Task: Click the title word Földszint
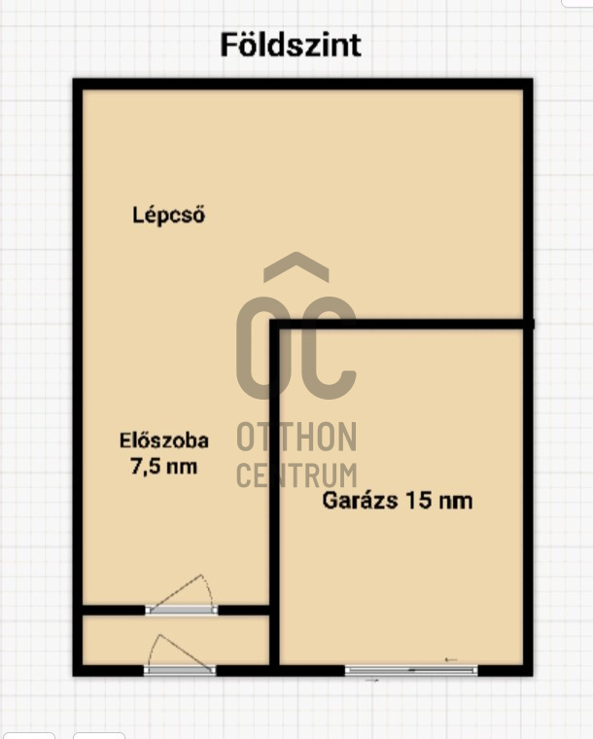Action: point(291,46)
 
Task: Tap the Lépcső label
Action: point(168,216)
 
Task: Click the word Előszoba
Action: point(163,440)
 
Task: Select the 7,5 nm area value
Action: point(163,467)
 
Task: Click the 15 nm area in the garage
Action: point(441,502)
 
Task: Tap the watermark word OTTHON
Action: point(296,438)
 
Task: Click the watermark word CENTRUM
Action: point(296,475)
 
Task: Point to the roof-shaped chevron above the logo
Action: point(296,268)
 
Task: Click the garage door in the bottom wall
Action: point(411,670)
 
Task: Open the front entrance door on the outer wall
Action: point(180,670)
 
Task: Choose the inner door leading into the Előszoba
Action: point(182,610)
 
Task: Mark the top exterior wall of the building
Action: point(303,85)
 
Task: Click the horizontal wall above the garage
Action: point(403,324)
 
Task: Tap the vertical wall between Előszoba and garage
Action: point(275,467)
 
